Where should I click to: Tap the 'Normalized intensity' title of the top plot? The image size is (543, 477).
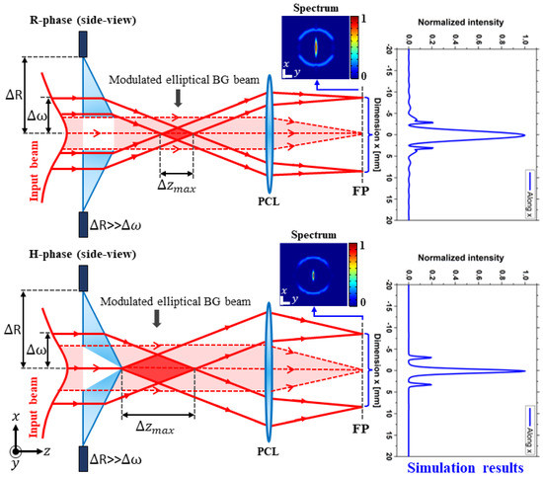coord(457,21)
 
